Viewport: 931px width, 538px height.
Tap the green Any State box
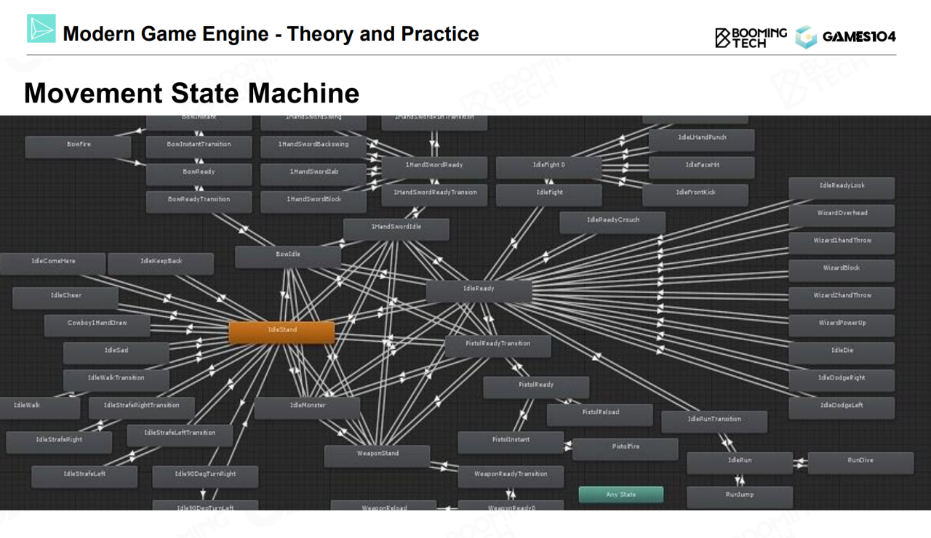(x=621, y=494)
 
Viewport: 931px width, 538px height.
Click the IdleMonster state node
(x=307, y=407)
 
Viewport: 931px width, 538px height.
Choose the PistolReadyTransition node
(x=498, y=345)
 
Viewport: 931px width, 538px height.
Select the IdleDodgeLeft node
(x=842, y=407)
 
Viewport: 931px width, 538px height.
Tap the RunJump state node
(x=740, y=497)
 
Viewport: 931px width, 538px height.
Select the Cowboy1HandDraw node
(x=97, y=325)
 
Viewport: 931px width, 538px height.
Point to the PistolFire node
(x=626, y=449)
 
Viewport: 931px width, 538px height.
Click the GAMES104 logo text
(x=858, y=37)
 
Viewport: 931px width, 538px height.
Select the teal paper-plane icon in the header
(x=41, y=28)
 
